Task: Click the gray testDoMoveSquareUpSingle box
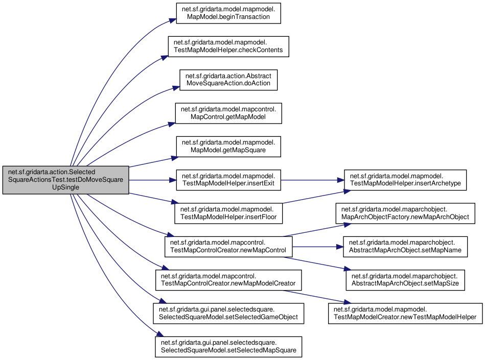tap(65, 180)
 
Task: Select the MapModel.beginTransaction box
tap(228, 13)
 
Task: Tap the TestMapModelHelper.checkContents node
tap(228, 46)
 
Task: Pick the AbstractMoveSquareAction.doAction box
tap(228, 80)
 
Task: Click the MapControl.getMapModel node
tap(228, 113)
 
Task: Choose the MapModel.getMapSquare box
tap(228, 147)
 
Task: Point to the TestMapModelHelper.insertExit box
tap(228, 180)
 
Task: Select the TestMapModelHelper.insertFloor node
tap(228, 213)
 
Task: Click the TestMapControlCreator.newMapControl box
tap(228, 247)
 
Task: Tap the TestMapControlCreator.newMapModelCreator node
tap(228, 280)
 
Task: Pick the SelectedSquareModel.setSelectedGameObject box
tap(228, 314)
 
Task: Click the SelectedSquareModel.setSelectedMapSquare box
tap(228, 347)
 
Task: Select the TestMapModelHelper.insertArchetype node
tap(405, 180)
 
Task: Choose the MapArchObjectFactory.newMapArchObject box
tap(405, 213)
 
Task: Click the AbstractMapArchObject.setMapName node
tap(405, 247)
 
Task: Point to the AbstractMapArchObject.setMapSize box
tap(405, 280)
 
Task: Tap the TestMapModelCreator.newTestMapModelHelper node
tap(405, 314)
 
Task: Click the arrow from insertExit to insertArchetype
tap(312, 180)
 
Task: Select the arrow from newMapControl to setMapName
tap(318, 247)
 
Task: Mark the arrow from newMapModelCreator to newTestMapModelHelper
tap(317, 297)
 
